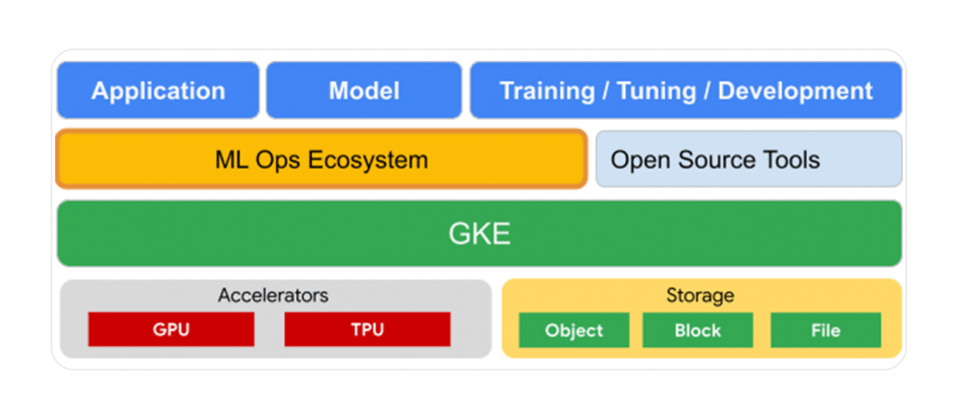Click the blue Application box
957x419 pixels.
(159, 91)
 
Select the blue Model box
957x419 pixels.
(364, 91)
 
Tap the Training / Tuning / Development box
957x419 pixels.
(686, 91)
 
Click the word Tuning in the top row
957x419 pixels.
(657, 91)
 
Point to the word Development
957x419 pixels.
(796, 92)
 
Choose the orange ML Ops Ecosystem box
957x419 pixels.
(322, 159)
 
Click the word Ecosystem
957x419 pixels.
(368, 160)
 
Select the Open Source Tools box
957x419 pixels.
(749, 159)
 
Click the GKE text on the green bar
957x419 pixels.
(479, 233)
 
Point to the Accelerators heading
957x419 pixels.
(273, 295)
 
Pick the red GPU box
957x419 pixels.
(170, 329)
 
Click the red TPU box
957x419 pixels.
(368, 329)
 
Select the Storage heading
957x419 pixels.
(700, 295)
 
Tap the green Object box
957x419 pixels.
(574, 330)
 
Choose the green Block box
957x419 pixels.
(698, 330)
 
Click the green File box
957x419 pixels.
(825, 330)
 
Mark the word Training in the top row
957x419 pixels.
(547, 92)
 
